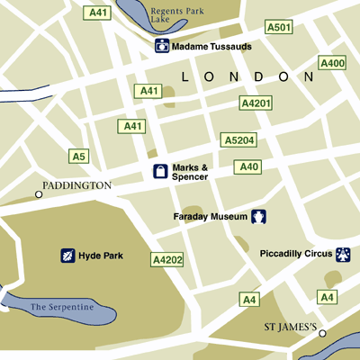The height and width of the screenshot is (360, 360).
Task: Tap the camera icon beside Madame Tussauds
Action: click(162, 46)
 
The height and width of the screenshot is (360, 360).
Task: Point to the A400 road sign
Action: click(332, 63)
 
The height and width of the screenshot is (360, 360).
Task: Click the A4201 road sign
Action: click(256, 104)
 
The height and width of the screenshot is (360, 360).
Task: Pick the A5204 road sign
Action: click(238, 140)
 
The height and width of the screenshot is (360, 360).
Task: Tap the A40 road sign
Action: click(247, 166)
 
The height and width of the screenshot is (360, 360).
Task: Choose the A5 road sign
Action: click(79, 157)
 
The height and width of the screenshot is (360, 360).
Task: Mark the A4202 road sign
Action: click(166, 259)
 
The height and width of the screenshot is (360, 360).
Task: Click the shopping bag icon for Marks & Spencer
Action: click(159, 172)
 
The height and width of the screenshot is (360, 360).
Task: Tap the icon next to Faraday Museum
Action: click(259, 216)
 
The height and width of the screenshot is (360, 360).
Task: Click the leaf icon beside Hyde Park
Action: click(67, 256)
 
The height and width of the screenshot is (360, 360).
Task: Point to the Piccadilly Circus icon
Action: click(343, 255)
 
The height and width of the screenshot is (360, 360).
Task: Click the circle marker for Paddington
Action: click(39, 193)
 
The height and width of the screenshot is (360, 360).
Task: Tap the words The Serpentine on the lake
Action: click(62, 308)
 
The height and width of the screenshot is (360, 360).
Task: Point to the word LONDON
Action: click(247, 78)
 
